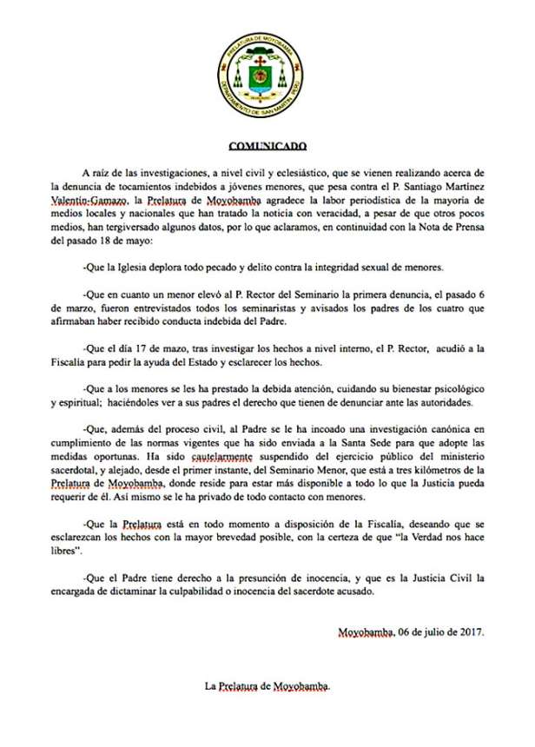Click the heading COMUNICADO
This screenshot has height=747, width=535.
pos(267,149)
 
